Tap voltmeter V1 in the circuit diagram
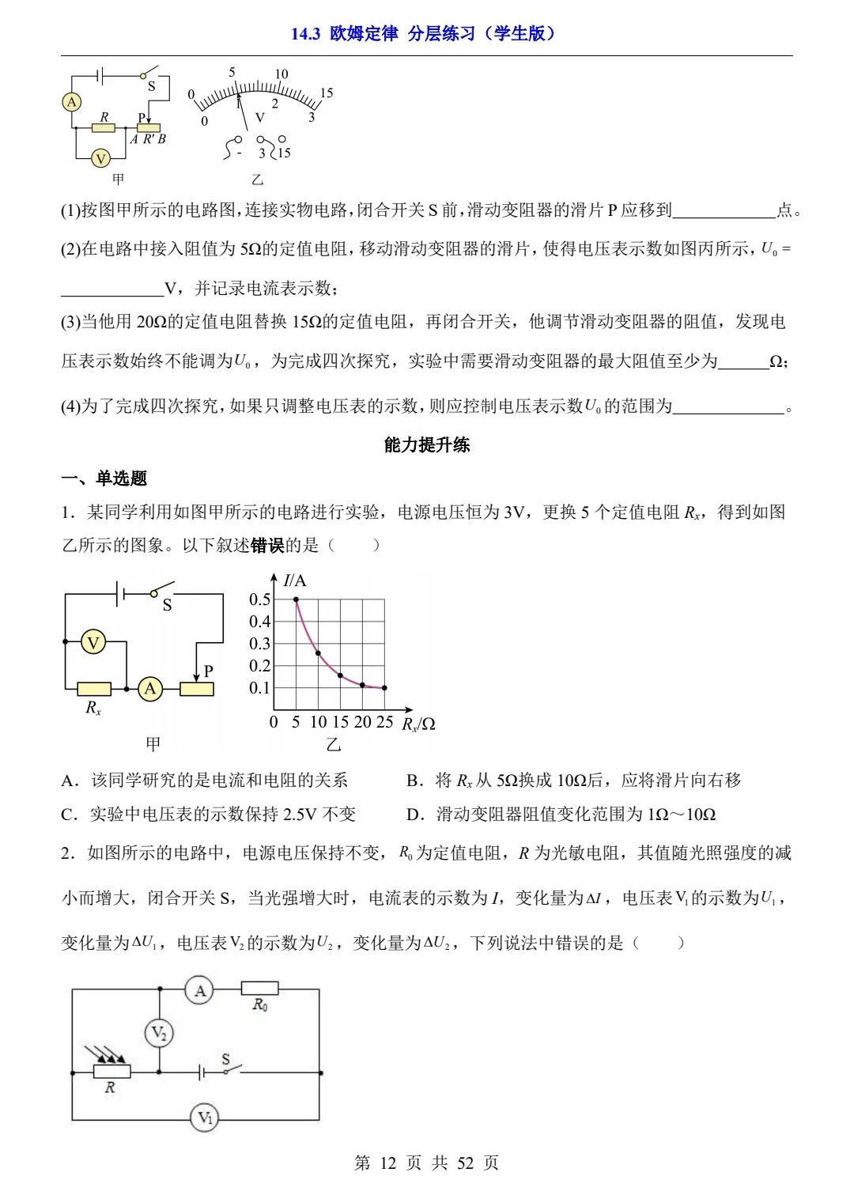point(205,1117)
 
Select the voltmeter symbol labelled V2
point(160,1033)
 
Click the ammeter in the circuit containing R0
point(200,990)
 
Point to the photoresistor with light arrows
point(111,1072)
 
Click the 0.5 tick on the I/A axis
point(259,599)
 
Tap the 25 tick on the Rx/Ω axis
point(384,722)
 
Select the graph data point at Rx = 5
point(297,600)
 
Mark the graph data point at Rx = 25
point(384,688)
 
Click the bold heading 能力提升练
point(427,445)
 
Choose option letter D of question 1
point(412,815)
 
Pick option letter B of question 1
point(412,781)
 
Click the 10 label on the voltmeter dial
point(282,74)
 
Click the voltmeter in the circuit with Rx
point(94,643)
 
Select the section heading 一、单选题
point(104,478)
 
